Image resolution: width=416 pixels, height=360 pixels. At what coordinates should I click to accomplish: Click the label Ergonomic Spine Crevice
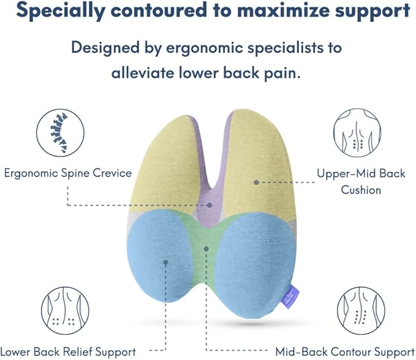click(67, 173)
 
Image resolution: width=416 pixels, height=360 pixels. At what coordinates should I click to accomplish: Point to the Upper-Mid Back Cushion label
click(361, 182)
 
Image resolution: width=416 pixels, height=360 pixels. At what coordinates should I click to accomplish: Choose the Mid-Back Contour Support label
click(345, 351)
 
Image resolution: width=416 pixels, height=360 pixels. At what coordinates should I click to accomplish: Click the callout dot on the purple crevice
click(209, 205)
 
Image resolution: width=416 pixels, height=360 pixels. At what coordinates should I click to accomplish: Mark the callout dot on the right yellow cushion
click(256, 182)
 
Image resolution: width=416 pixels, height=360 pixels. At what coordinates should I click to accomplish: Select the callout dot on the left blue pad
click(165, 262)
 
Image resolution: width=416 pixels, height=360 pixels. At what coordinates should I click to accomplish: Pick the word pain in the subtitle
click(285, 73)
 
